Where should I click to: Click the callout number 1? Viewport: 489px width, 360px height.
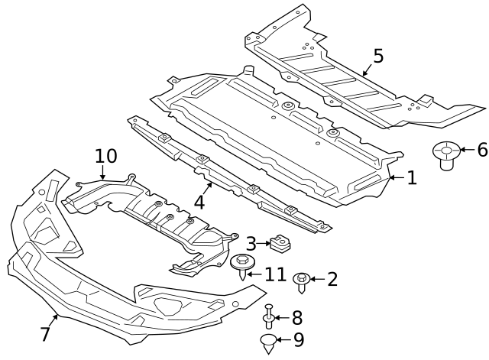(x=412, y=178)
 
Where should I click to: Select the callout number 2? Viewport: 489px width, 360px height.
(x=332, y=279)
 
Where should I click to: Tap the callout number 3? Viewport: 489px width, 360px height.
(x=251, y=245)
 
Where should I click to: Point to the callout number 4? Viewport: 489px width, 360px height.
(x=199, y=203)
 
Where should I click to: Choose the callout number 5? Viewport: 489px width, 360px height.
(x=378, y=56)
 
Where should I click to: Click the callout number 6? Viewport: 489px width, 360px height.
(x=481, y=150)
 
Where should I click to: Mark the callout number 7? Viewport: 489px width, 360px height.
(x=45, y=334)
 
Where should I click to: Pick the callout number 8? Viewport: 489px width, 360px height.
(x=296, y=317)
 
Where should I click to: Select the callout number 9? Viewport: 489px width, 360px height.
(x=298, y=339)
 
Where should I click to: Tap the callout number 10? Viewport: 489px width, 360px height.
(x=106, y=156)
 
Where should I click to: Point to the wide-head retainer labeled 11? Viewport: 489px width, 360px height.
(x=242, y=266)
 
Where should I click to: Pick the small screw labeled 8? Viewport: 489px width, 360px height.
(x=269, y=316)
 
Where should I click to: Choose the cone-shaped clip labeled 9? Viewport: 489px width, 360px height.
(x=267, y=342)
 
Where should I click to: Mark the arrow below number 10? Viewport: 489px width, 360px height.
(x=102, y=174)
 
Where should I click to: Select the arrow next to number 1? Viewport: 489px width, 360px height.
(x=395, y=178)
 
